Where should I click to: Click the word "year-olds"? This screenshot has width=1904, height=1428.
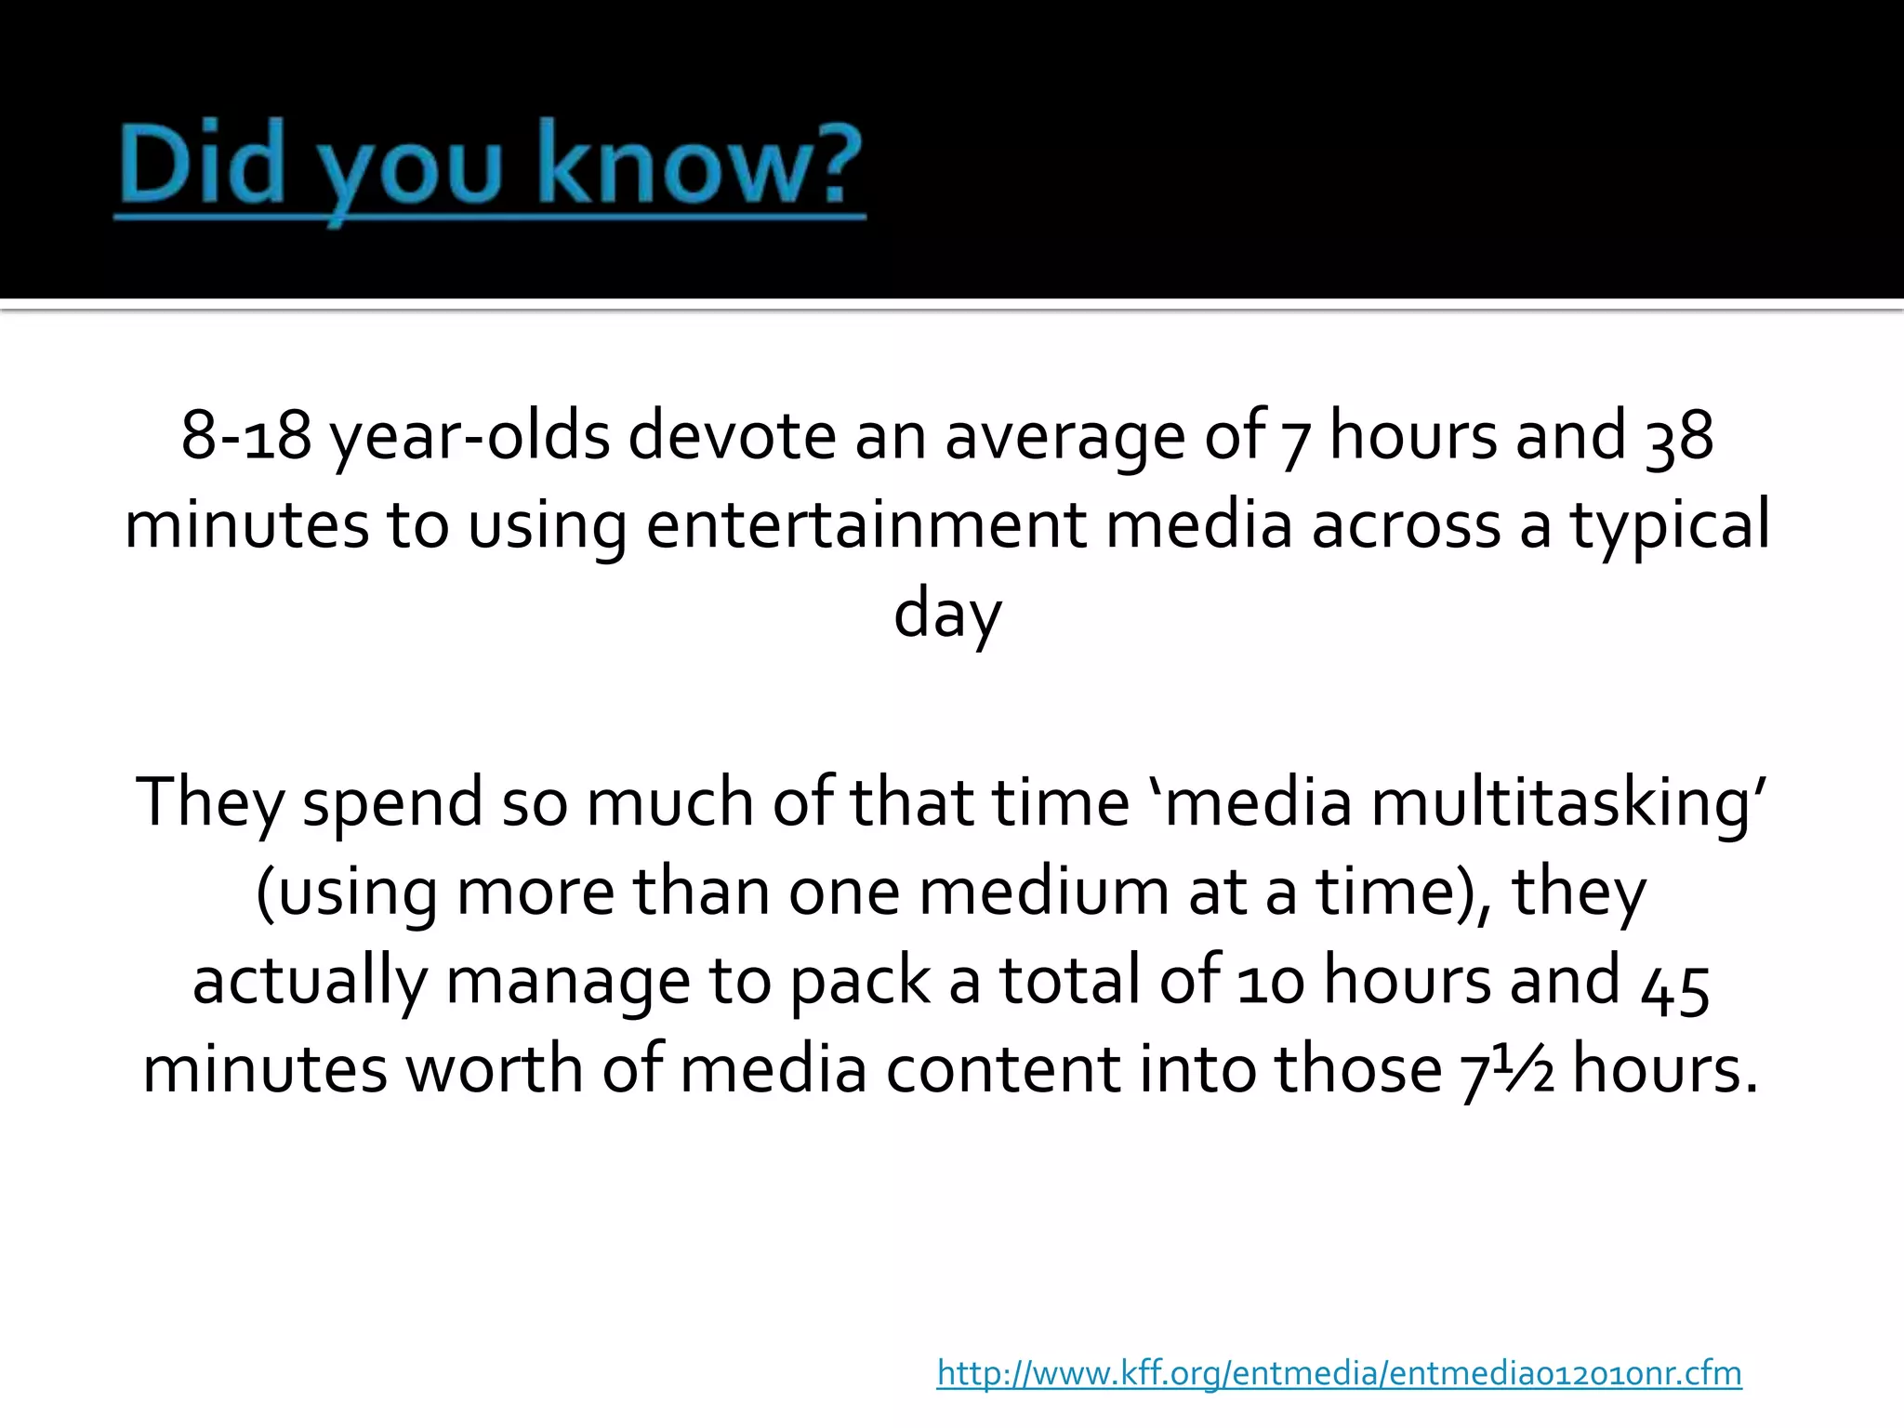point(470,437)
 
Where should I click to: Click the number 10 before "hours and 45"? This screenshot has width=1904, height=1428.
point(1270,982)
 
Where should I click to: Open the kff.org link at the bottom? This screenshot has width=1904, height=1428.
point(1339,1372)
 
